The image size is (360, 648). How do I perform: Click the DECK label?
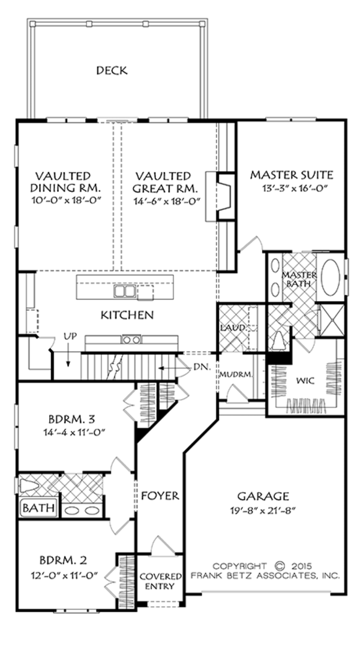[x=112, y=71]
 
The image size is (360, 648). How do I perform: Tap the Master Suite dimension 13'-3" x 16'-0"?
[x=291, y=189]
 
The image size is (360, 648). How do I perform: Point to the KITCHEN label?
[x=127, y=314]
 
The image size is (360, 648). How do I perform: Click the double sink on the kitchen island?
[x=125, y=292]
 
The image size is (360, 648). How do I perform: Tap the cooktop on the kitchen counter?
[x=131, y=340]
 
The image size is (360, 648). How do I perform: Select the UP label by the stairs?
[x=70, y=337]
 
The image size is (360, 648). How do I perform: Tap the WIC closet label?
[x=305, y=380]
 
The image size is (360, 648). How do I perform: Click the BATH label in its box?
[x=39, y=509]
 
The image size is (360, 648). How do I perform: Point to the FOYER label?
[x=160, y=496]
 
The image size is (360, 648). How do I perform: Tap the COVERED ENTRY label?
[x=160, y=581]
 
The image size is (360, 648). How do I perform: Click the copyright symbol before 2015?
[x=280, y=565]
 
